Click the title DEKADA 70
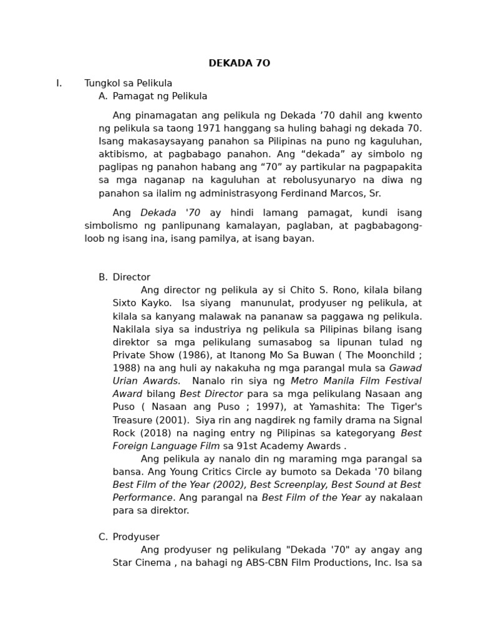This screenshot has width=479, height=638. [x=239, y=64]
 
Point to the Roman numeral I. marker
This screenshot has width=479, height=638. [x=59, y=83]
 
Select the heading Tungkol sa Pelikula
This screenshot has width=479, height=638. [x=128, y=83]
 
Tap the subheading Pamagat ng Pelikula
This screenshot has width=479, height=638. [x=160, y=97]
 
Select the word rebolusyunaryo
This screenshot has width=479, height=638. [x=328, y=181]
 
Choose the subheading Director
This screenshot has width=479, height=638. [x=132, y=278]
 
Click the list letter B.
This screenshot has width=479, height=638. [x=103, y=278]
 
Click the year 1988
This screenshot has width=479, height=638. [x=125, y=368]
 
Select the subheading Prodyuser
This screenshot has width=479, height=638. [x=136, y=537]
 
